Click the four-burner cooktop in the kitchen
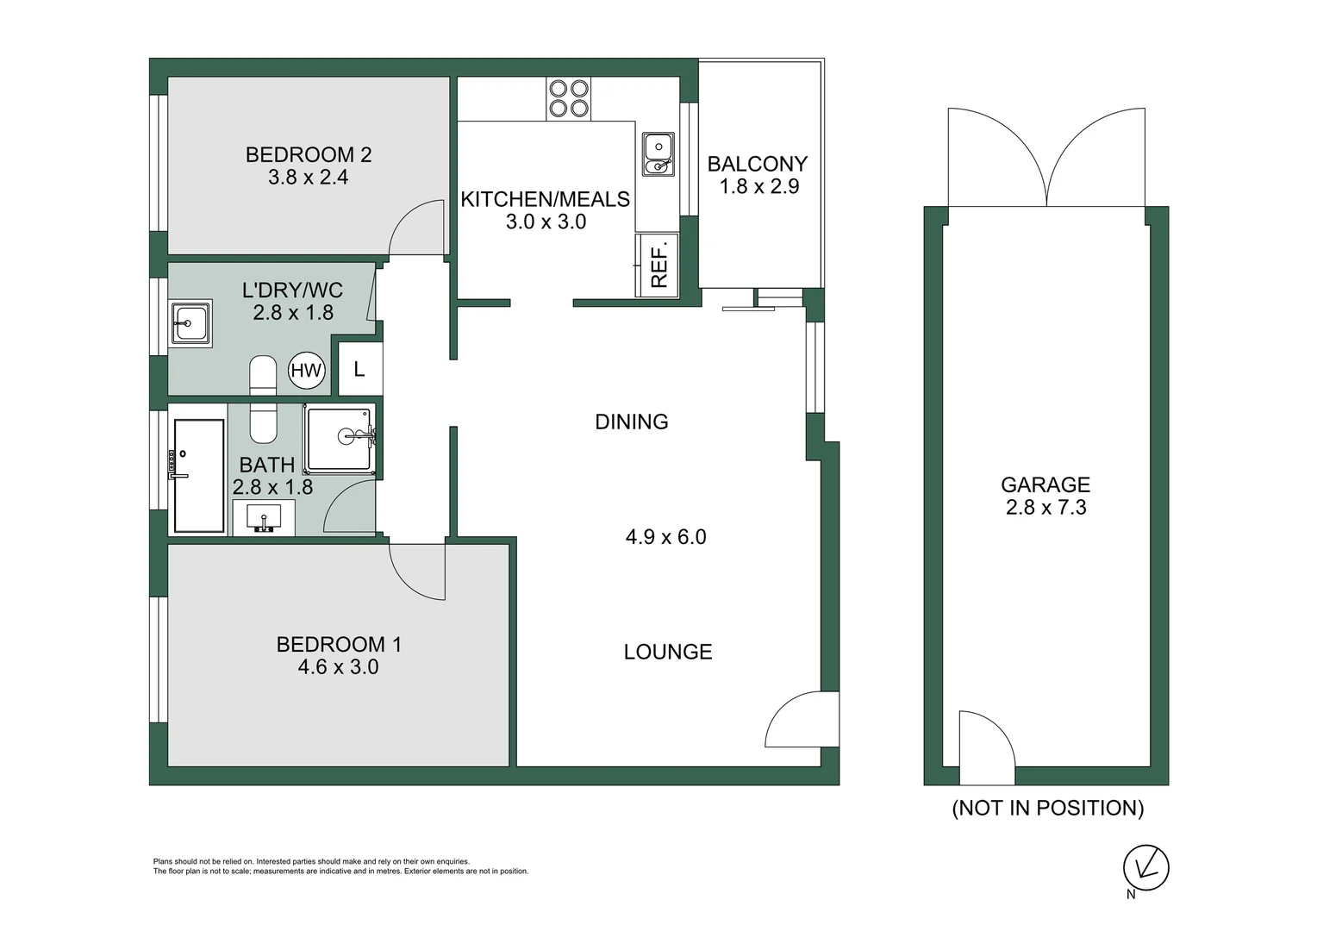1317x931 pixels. click(569, 98)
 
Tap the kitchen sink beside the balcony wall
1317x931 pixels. click(658, 154)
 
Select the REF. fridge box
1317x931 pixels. click(658, 266)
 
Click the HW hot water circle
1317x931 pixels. click(306, 371)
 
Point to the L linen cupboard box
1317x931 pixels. click(359, 369)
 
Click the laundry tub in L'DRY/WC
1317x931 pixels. click(190, 324)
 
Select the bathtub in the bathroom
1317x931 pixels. click(199, 476)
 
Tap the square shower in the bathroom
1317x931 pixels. click(340, 439)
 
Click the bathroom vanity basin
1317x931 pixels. click(265, 518)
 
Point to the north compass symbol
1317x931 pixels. click(1145, 867)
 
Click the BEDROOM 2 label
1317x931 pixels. click(309, 155)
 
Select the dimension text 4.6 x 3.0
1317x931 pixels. click(338, 667)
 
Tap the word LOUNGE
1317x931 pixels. click(668, 652)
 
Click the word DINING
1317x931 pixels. click(632, 422)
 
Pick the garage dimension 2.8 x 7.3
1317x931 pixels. click(1045, 508)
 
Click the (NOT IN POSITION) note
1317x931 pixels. click(1047, 808)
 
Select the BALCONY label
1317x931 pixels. click(758, 164)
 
